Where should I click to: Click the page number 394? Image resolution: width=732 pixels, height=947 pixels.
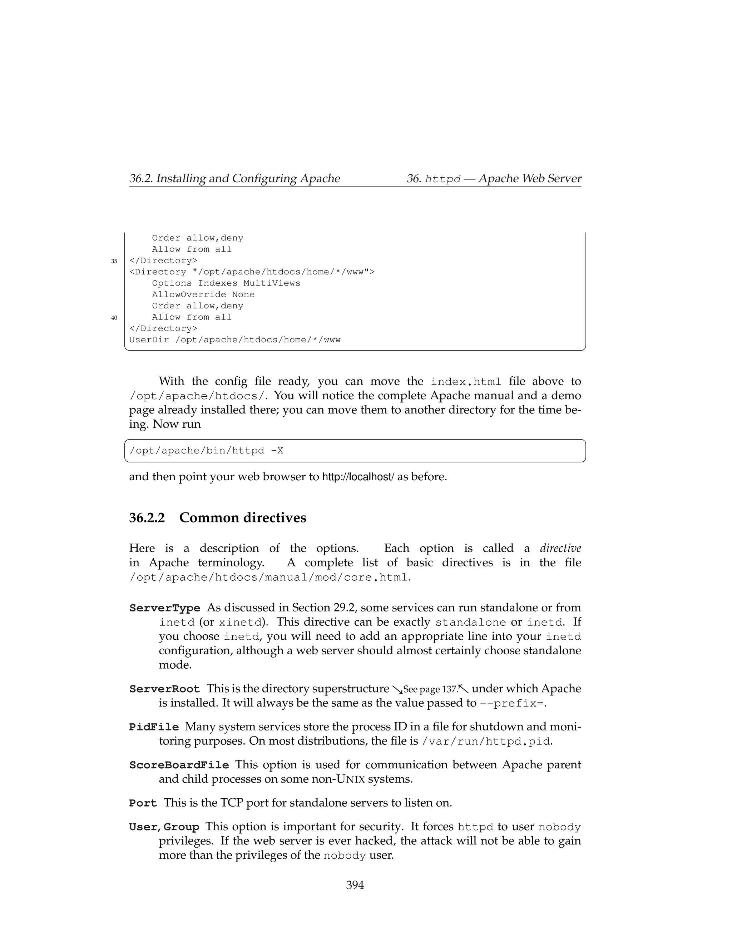click(x=355, y=885)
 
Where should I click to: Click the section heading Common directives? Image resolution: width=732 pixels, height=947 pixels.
click(x=242, y=518)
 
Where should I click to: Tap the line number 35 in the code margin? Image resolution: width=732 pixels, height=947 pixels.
click(x=114, y=261)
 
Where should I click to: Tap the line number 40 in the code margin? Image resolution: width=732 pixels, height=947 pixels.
click(x=114, y=318)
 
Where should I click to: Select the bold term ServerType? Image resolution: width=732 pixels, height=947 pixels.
click(x=165, y=608)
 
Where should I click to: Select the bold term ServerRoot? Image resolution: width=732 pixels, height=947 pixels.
click(x=165, y=689)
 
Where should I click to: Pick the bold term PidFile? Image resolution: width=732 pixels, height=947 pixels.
click(x=154, y=727)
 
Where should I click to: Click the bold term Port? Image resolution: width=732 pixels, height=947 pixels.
click(x=143, y=803)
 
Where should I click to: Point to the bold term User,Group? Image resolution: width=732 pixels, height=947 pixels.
click(x=164, y=827)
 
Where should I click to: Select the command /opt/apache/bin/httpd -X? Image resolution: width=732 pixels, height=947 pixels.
click(x=207, y=451)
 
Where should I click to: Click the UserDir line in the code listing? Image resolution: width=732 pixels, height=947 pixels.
click(x=234, y=340)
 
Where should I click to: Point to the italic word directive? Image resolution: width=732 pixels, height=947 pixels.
click(x=560, y=549)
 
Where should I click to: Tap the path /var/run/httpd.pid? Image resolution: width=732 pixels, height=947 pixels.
click(x=486, y=742)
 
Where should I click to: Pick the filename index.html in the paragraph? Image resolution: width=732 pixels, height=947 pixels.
click(x=466, y=382)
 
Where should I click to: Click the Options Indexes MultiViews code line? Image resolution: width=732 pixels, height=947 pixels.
click(x=226, y=283)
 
